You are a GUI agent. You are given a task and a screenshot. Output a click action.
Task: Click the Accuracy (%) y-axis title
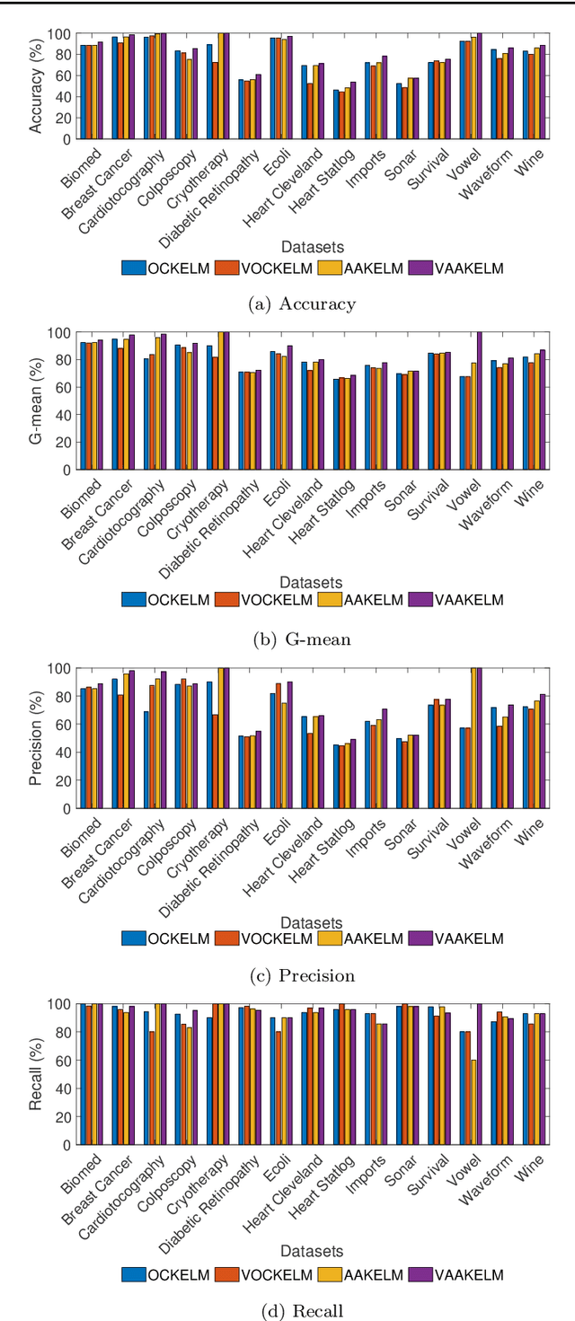click(x=36, y=87)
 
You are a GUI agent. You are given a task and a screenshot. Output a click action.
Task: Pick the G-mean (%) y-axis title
click(x=36, y=401)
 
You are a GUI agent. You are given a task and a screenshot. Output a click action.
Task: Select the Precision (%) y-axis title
click(x=36, y=738)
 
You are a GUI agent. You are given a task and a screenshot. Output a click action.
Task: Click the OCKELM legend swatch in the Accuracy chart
click(x=134, y=267)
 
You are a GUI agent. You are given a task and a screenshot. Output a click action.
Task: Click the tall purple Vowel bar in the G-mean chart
click(x=480, y=401)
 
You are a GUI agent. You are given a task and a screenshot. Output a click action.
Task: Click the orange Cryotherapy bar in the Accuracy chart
click(x=216, y=101)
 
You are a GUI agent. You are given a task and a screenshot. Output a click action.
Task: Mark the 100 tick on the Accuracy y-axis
click(x=62, y=34)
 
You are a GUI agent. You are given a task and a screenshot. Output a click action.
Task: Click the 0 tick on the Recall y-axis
click(x=67, y=1145)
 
